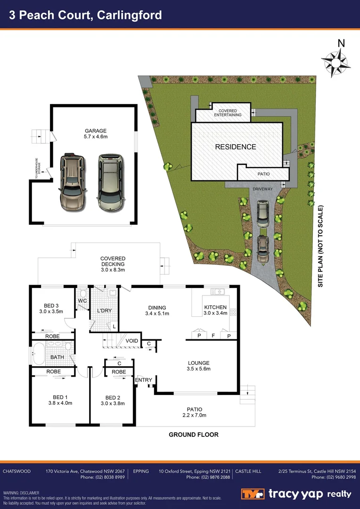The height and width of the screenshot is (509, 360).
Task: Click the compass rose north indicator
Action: point(336,60)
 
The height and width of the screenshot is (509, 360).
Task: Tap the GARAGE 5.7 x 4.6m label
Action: point(96,134)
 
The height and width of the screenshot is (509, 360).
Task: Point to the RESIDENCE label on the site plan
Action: point(236,147)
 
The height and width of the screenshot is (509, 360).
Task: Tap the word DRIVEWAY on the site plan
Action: point(262,189)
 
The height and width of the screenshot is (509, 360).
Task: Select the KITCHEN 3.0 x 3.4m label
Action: point(215,310)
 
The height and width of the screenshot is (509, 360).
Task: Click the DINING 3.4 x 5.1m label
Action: point(157,310)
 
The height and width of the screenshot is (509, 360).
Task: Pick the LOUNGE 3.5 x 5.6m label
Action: point(198,366)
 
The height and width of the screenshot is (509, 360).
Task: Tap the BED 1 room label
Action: point(60,400)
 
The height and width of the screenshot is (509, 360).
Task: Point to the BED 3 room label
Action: point(50,308)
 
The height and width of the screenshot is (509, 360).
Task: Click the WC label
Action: point(82,300)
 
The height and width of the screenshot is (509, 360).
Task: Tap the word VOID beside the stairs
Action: point(132,341)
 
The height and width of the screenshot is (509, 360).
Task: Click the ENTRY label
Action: point(144,380)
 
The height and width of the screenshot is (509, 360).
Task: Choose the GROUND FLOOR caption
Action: point(194,435)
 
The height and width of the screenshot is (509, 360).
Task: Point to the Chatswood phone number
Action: point(103,477)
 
